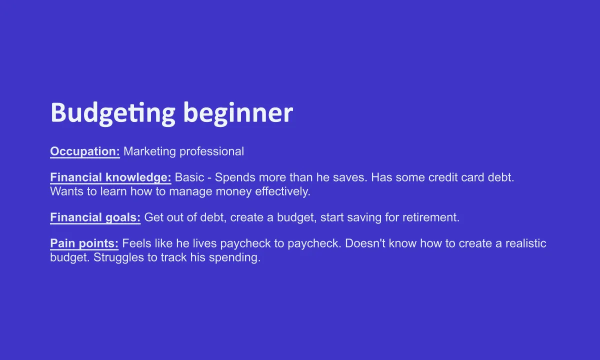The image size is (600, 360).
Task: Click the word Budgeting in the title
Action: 113,113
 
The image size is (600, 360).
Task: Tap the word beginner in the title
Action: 238,113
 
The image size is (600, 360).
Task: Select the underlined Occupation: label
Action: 85,151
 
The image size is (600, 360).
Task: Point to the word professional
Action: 211,151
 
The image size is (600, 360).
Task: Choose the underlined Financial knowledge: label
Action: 110,177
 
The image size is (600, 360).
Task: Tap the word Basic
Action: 189,177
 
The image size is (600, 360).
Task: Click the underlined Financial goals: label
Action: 95,217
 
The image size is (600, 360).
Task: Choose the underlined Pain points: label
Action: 84,243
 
